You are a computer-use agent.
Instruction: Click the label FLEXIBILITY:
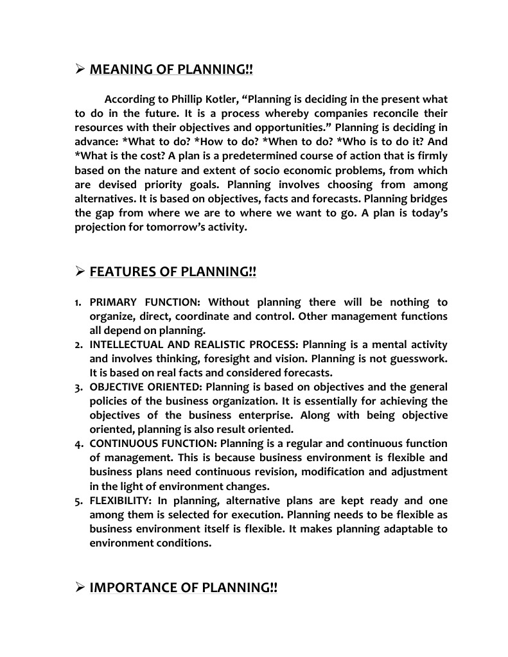tap(116, 500)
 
